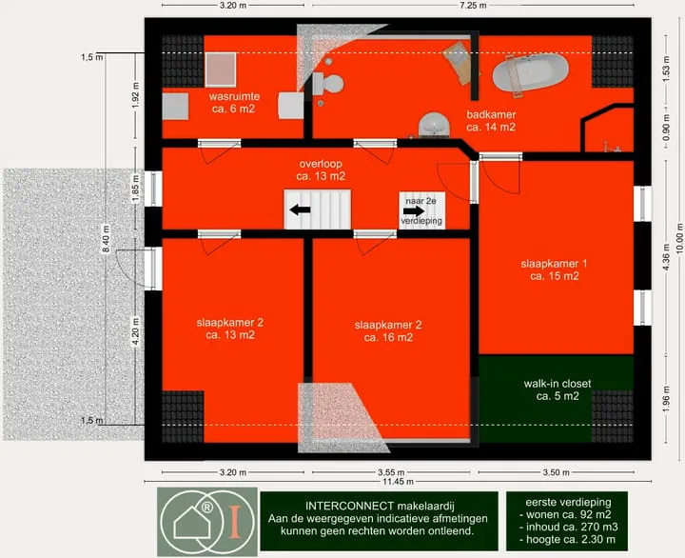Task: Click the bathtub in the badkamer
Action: click(x=530, y=72)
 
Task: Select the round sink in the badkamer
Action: click(x=434, y=124)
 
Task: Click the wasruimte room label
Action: click(x=234, y=102)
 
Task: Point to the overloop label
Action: click(x=321, y=170)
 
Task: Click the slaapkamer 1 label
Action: click(x=554, y=269)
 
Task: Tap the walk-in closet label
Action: click(x=558, y=389)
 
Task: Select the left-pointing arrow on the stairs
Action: click(x=300, y=209)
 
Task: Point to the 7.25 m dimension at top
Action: click(x=474, y=6)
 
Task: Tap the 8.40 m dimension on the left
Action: click(x=106, y=239)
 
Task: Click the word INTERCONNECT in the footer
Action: click(x=350, y=507)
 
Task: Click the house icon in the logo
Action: click(x=191, y=522)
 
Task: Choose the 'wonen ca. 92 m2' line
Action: click(x=566, y=515)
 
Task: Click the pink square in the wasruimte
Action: click(x=221, y=70)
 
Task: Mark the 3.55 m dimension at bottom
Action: click(x=391, y=472)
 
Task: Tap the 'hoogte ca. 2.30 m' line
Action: click(x=567, y=540)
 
